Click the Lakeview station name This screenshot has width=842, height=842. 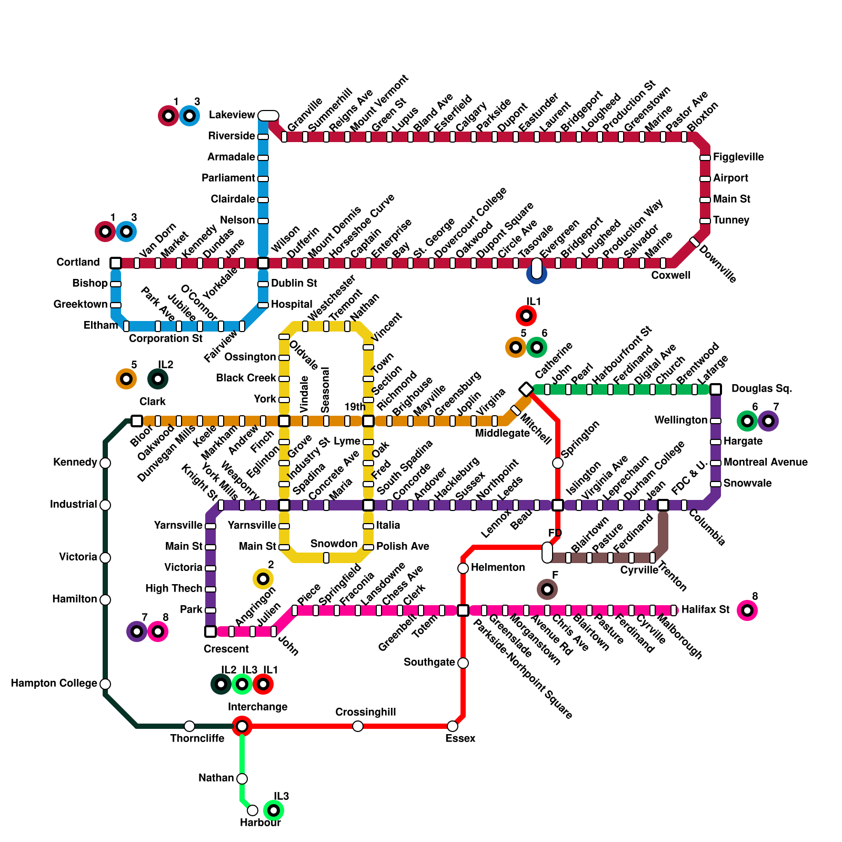(x=232, y=115)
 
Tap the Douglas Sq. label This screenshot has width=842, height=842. (x=761, y=389)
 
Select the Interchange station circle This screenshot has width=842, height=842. (x=242, y=726)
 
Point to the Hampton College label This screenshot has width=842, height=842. (x=54, y=683)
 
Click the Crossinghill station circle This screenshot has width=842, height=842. (x=358, y=726)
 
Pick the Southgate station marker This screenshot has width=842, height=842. (x=463, y=663)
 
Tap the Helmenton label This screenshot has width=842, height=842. (x=498, y=567)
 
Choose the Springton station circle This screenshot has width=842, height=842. (x=558, y=463)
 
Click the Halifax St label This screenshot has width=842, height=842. (x=705, y=609)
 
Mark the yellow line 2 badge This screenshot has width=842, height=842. (x=263, y=579)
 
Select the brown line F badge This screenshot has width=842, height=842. (x=547, y=589)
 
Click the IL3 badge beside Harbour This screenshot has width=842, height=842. (x=274, y=810)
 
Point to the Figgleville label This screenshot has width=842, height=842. (x=738, y=157)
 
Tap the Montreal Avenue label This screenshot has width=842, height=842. (x=765, y=462)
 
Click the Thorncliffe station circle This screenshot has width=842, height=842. (x=189, y=726)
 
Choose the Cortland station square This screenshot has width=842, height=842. (x=116, y=263)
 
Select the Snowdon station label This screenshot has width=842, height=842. (x=334, y=544)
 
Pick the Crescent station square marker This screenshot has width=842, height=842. (x=210, y=631)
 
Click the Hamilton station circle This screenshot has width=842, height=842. (x=105, y=600)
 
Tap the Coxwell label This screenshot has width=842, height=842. (x=670, y=275)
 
